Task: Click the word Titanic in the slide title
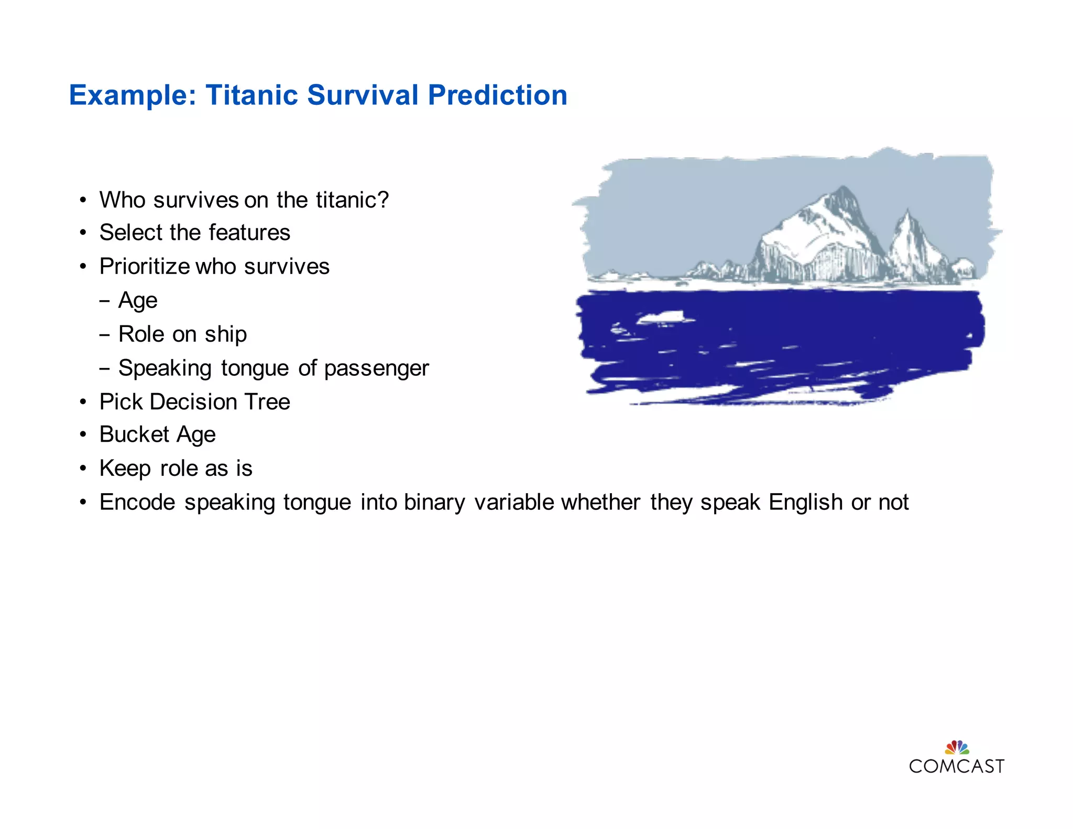coord(251,95)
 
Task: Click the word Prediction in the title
coord(497,95)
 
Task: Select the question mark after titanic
coord(383,200)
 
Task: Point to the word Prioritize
coord(145,266)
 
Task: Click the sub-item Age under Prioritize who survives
coord(138,300)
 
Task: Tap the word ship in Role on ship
coord(226,334)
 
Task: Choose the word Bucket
coord(134,434)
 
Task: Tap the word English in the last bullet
coord(805,502)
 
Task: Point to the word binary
coord(434,502)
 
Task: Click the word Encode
coord(137,502)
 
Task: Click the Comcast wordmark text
coord(957,766)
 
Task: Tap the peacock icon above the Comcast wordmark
coord(957,747)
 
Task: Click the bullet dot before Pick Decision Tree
coord(83,402)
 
